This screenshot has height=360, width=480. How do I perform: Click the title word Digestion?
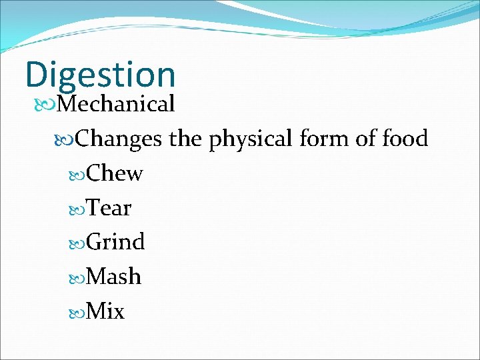click(100, 75)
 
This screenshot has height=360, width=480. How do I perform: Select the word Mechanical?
click(116, 104)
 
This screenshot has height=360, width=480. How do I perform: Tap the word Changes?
click(119, 139)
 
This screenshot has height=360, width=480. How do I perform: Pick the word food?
click(405, 139)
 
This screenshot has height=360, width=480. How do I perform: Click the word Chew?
click(115, 173)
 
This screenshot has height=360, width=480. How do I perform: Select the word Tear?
click(109, 208)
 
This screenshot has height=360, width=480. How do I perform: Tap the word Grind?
click(115, 242)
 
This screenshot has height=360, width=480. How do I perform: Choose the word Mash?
click(114, 277)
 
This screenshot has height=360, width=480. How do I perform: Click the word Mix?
click(106, 311)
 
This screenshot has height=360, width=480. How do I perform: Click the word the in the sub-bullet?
click(185, 139)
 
